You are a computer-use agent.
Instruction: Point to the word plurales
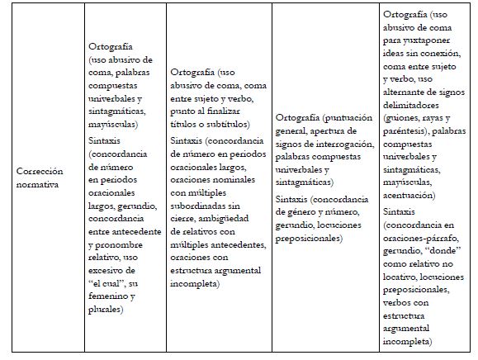pos(106,309)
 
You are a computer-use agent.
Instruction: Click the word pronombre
pos(124,244)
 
